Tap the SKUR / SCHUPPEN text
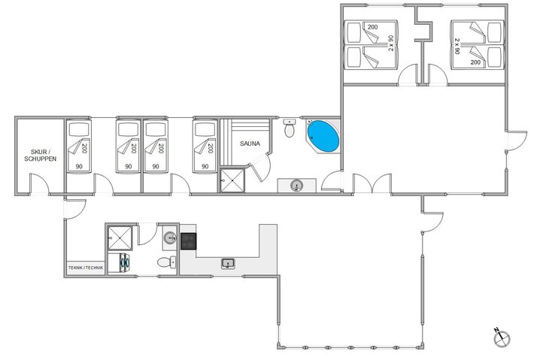click(39, 154)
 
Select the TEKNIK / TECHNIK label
click(84, 268)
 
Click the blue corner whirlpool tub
click(323, 137)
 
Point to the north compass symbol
click(499, 337)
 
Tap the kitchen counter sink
click(226, 263)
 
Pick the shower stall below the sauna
click(232, 180)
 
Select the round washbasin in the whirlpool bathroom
click(296, 186)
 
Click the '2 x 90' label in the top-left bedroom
click(391, 44)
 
